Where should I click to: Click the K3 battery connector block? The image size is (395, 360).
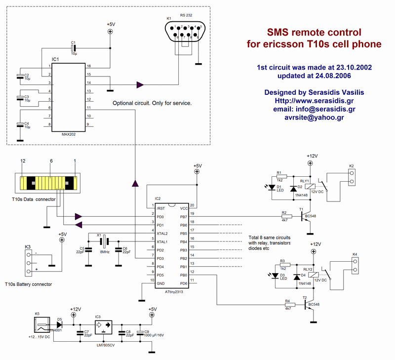coord(27,263)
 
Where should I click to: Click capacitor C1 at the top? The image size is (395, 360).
coord(73,48)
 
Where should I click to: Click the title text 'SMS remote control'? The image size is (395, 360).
coord(314,33)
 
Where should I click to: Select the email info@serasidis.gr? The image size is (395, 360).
coord(314,109)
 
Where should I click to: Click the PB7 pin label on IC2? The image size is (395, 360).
coord(183,216)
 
